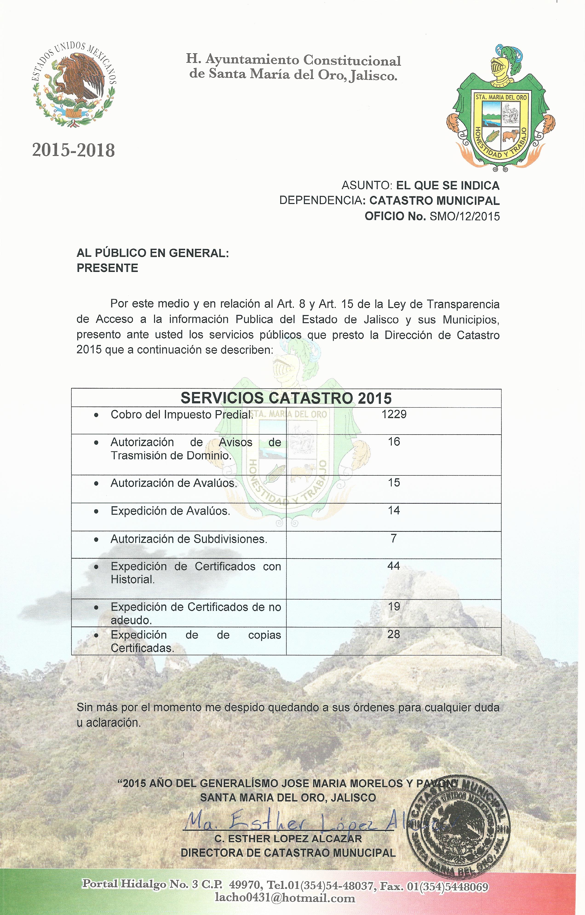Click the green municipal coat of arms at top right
tap(501, 110)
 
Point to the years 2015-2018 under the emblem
tap(73, 150)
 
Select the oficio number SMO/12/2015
tap(465, 217)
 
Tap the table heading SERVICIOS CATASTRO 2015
tap(286, 398)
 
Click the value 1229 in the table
tap(394, 414)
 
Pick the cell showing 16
tap(394, 442)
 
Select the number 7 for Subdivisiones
tap(394, 538)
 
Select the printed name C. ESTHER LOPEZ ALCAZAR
tap(288, 839)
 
